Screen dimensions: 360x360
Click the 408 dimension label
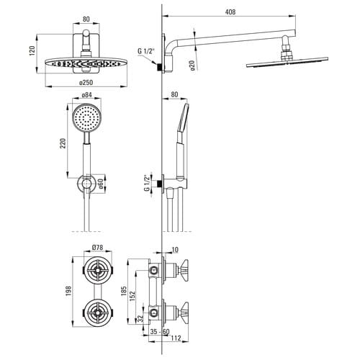(230, 12)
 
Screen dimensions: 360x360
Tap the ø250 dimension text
(86, 83)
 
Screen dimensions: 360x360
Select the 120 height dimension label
(32, 50)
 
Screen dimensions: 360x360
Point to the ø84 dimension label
(86, 95)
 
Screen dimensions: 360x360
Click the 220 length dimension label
(63, 143)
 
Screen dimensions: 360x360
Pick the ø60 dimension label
(100, 184)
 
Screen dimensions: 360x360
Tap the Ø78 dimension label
(98, 247)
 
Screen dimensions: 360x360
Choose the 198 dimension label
(68, 291)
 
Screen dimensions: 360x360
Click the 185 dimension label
(124, 291)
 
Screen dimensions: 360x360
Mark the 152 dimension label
(132, 296)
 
